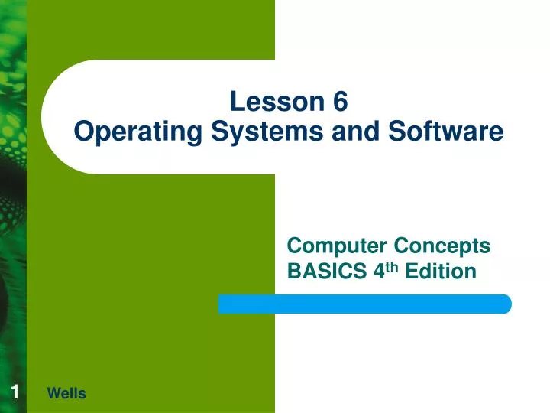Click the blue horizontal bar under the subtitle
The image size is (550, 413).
364,304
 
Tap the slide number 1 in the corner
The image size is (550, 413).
15,392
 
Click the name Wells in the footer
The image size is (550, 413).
66,394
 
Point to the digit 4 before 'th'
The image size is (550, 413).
376,271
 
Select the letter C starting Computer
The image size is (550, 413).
294,246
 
